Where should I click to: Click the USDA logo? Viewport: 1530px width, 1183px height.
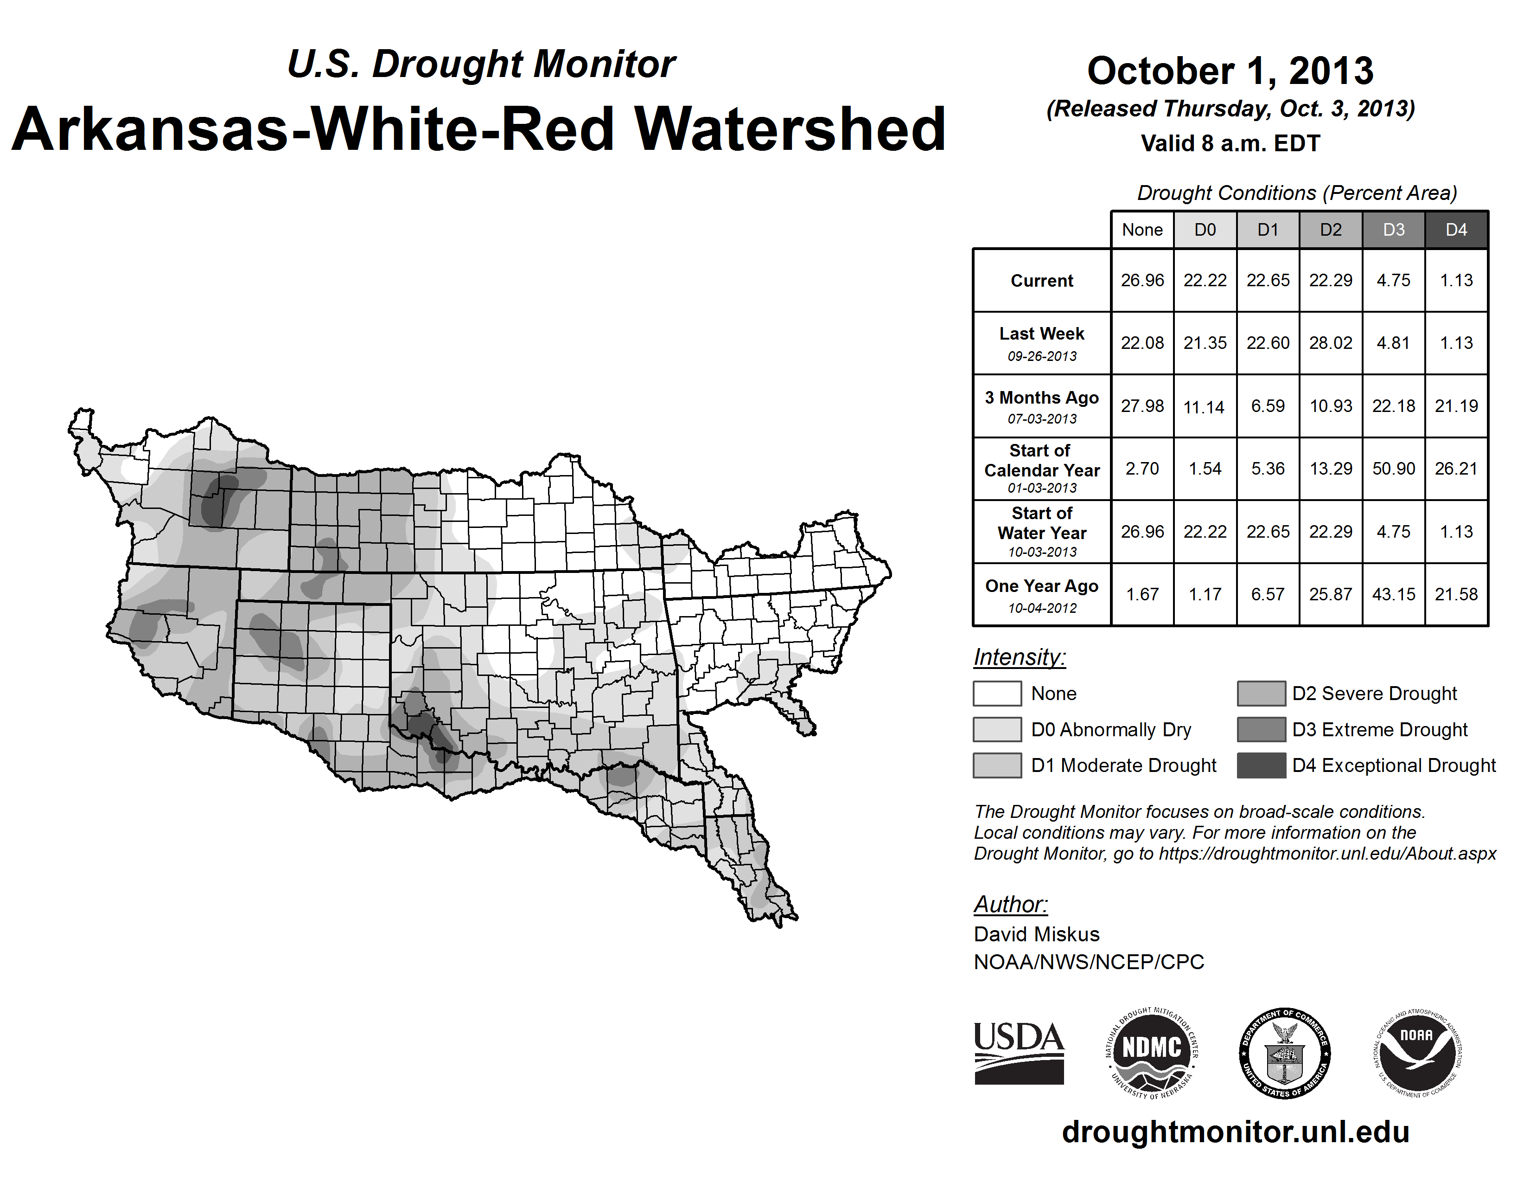[1019, 1053]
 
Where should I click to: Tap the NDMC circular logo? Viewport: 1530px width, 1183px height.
[1152, 1053]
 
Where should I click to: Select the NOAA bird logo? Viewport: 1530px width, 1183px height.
[1417, 1053]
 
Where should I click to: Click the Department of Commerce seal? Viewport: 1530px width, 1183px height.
[1285, 1053]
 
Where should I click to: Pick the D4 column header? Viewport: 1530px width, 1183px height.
[1456, 230]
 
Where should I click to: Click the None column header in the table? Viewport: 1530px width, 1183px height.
[1142, 230]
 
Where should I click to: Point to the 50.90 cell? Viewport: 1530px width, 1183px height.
[1393, 468]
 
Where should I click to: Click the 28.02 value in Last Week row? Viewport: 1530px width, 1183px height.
[1330, 343]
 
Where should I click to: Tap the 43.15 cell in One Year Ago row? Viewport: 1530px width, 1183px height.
[1393, 594]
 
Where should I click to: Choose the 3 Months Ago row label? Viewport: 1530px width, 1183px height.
[1042, 398]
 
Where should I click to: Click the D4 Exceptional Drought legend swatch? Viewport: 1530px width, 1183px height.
[1261, 765]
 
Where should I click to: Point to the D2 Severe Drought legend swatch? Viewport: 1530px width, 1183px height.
[1261, 693]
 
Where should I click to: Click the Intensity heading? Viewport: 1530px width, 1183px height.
[1019, 657]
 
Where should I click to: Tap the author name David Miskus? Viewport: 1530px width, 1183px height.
[1036, 934]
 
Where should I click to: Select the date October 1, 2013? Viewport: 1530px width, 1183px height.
[1230, 71]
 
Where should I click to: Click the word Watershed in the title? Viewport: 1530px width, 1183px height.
[790, 129]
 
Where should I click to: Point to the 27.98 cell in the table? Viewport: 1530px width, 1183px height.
[1142, 406]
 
